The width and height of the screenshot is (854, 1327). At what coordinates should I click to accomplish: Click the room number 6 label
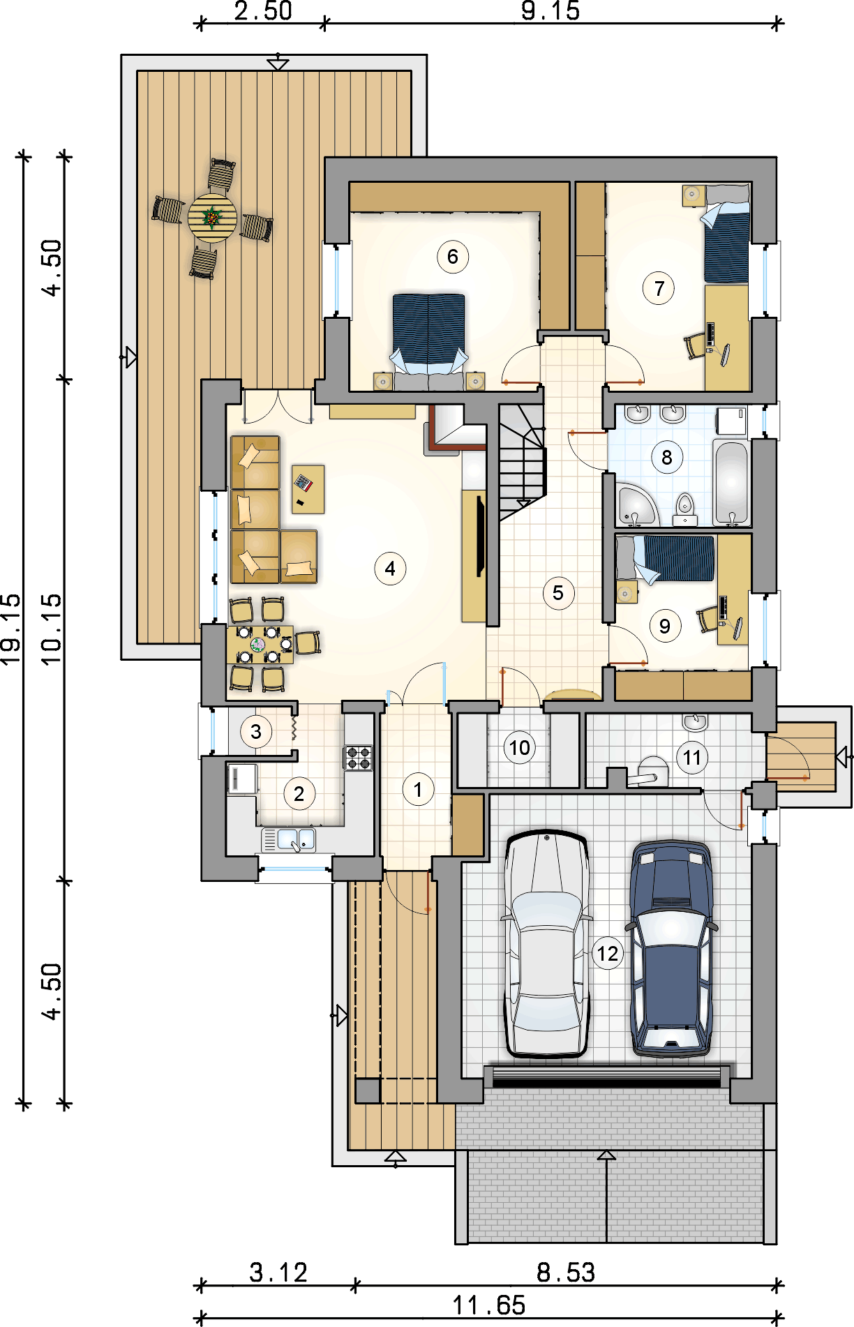click(453, 257)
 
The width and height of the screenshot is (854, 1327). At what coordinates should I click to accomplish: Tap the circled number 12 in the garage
click(607, 953)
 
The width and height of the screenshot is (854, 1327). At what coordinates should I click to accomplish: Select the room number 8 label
click(667, 458)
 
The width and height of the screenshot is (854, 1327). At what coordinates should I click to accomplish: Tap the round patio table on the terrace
click(212, 218)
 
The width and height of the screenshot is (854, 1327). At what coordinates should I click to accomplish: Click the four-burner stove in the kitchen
click(359, 757)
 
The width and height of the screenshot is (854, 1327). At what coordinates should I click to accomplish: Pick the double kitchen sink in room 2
click(289, 839)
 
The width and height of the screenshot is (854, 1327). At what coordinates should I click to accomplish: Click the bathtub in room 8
click(731, 482)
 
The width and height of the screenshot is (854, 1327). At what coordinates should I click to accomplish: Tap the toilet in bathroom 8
click(685, 510)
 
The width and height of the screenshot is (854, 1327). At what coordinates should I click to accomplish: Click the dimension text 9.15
click(550, 11)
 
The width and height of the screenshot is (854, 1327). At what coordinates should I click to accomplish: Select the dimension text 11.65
click(489, 1305)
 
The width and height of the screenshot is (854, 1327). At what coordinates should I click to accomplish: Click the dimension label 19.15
click(11, 629)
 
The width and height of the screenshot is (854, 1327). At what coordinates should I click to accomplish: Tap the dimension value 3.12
click(278, 1273)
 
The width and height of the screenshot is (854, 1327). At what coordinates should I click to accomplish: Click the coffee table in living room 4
click(308, 489)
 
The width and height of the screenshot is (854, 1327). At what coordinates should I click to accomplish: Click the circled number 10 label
click(519, 748)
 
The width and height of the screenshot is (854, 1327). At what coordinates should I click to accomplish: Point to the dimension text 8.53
click(566, 1273)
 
